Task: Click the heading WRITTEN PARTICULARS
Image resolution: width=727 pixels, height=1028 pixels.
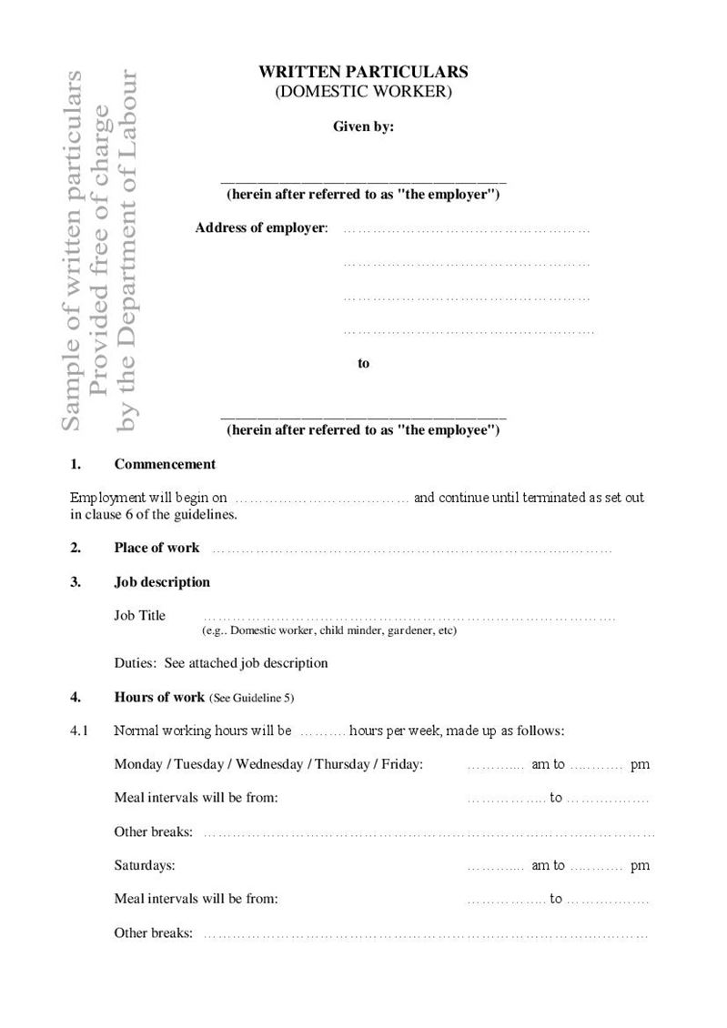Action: (x=363, y=72)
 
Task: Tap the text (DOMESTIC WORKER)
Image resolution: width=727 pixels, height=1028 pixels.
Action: (x=363, y=91)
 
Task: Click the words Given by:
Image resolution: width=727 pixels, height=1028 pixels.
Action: (x=363, y=127)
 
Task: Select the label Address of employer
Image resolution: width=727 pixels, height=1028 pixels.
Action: (x=260, y=227)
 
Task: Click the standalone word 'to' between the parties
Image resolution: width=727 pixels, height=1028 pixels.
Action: (x=364, y=363)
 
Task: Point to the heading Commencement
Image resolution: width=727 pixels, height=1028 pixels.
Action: (x=165, y=464)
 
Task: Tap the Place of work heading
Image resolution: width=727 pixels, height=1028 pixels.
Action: (x=157, y=548)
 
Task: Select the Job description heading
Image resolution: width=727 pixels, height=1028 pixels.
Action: (x=162, y=581)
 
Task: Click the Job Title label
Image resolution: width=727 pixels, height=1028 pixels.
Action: (x=140, y=616)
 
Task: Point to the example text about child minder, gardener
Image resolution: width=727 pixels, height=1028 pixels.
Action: (x=328, y=630)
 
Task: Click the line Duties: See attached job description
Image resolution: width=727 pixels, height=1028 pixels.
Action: (x=221, y=663)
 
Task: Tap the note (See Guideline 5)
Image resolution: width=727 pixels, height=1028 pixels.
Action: (x=252, y=699)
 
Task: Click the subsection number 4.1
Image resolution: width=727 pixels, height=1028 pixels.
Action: (x=79, y=731)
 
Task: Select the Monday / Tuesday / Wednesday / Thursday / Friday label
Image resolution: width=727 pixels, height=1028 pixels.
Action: (x=268, y=764)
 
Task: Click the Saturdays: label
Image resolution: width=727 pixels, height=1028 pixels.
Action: (x=145, y=865)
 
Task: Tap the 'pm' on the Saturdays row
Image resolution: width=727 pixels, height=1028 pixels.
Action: (x=640, y=865)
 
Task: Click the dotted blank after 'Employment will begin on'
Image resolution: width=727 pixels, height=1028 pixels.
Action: (x=322, y=499)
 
